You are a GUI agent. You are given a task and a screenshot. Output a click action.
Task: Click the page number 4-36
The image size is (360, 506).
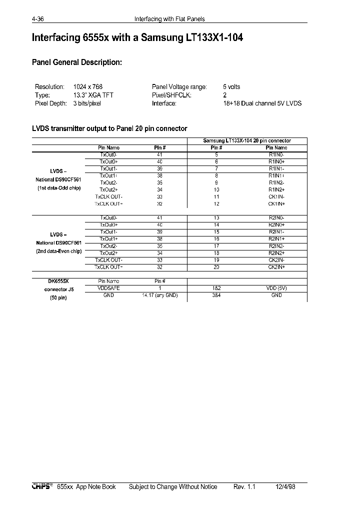click(x=38, y=19)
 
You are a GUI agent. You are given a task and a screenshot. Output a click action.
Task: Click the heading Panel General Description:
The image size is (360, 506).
click(x=76, y=62)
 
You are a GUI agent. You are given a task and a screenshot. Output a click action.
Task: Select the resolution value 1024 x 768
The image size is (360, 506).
click(x=87, y=86)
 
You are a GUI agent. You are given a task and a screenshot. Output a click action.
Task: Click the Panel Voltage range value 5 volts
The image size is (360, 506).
click(x=231, y=86)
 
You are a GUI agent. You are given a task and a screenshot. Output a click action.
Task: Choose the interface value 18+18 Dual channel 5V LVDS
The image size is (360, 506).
click(x=262, y=103)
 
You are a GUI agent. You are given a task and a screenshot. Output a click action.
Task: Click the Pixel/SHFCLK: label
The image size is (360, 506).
click(x=171, y=95)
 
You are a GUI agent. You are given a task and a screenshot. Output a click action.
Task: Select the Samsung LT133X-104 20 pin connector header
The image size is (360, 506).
click(x=247, y=141)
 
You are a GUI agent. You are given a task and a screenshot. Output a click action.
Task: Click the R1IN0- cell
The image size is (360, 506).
click(x=276, y=155)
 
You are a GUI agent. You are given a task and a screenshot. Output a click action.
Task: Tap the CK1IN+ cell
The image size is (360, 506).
click(x=276, y=203)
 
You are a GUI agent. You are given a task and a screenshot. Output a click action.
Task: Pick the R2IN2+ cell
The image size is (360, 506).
click(x=276, y=253)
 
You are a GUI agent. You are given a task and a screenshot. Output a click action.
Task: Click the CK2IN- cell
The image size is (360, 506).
click(x=276, y=260)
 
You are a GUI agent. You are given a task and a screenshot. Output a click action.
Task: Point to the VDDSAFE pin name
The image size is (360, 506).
click(x=108, y=288)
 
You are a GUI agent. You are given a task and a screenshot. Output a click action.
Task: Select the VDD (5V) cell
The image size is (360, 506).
click(x=276, y=288)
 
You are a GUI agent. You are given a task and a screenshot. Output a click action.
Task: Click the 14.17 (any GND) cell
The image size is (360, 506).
click(x=160, y=295)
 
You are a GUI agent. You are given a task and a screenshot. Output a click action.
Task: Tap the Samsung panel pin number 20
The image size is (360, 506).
click(x=216, y=267)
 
